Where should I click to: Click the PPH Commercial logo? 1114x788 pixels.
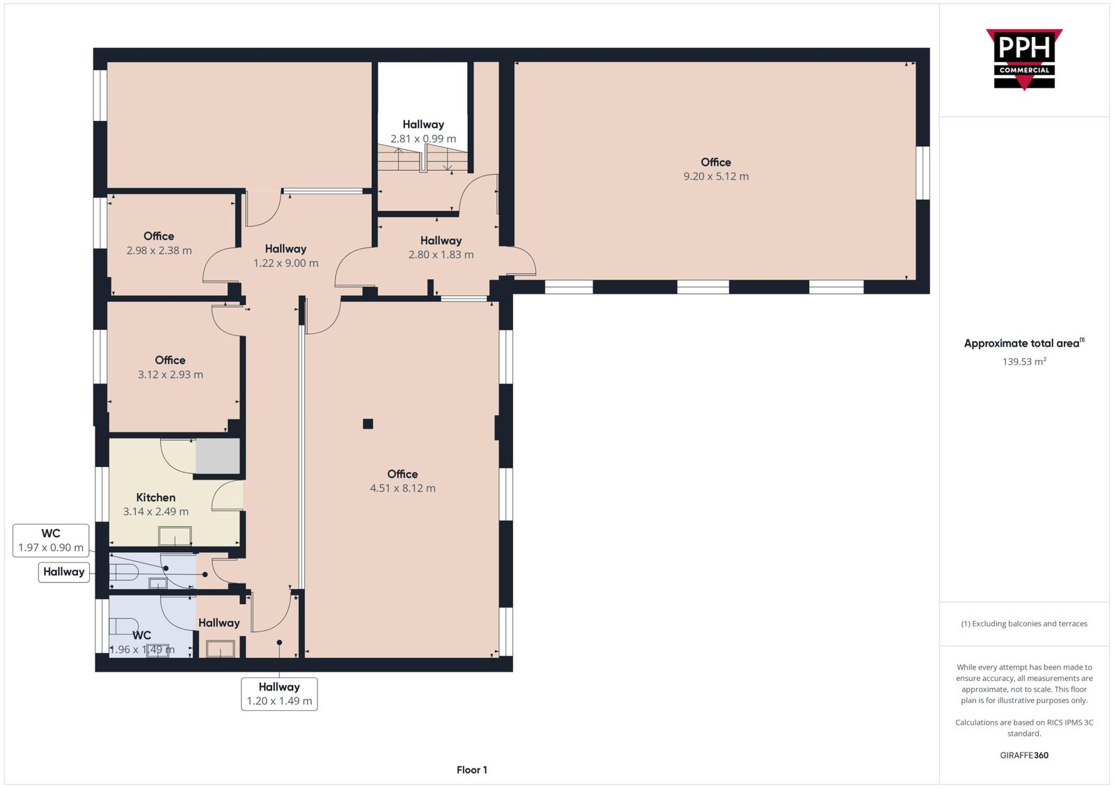(x=1024, y=59)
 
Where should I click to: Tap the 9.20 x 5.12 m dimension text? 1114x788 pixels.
(x=716, y=177)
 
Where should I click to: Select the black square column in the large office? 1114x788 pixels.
(x=368, y=423)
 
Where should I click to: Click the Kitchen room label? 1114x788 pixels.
(x=156, y=497)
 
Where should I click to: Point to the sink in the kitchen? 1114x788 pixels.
(x=175, y=537)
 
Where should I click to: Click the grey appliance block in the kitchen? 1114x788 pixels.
(x=218, y=456)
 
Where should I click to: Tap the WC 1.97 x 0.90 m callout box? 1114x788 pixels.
(x=51, y=540)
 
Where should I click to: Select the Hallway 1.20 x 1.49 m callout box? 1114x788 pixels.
(x=279, y=694)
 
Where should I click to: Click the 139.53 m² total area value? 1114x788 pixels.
(x=1024, y=361)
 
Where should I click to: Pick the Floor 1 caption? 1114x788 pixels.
(x=472, y=770)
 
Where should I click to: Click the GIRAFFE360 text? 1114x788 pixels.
(x=1024, y=755)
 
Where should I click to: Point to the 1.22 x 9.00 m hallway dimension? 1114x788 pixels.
(x=286, y=263)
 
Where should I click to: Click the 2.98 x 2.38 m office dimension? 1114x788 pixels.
(x=159, y=251)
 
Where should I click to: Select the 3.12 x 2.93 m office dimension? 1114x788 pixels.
(x=171, y=375)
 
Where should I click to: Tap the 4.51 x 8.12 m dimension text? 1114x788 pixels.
(x=403, y=488)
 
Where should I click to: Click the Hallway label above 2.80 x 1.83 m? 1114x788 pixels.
(x=441, y=241)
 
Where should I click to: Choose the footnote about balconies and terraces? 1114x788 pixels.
(x=1024, y=624)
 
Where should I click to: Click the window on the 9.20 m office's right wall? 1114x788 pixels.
(x=923, y=173)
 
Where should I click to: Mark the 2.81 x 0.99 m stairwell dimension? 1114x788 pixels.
(x=423, y=139)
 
